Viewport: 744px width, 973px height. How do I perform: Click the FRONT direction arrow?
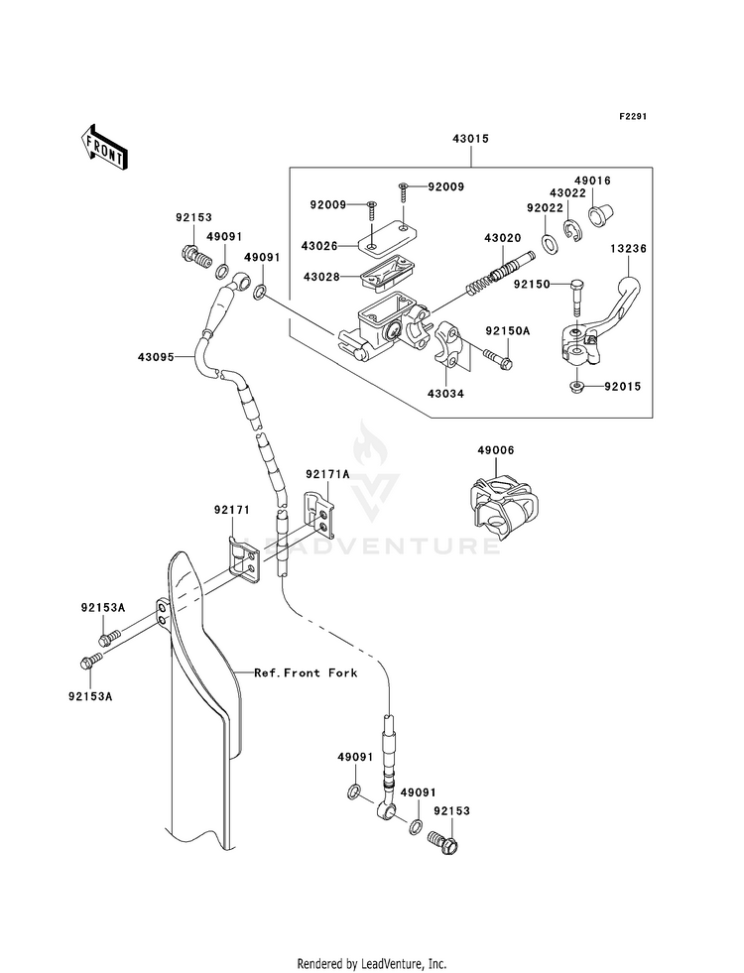pyautogui.click(x=103, y=147)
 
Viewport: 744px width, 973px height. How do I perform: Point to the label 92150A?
pyautogui.click(x=508, y=331)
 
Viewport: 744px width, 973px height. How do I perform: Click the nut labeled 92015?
pyautogui.click(x=576, y=387)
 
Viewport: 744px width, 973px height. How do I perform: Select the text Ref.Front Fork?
pyautogui.click(x=306, y=672)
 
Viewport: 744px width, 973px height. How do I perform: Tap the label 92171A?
pyautogui.click(x=327, y=474)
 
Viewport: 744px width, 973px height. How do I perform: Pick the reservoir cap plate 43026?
pyautogui.click(x=387, y=240)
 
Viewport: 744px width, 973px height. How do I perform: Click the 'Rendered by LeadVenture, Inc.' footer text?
pyautogui.click(x=372, y=964)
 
